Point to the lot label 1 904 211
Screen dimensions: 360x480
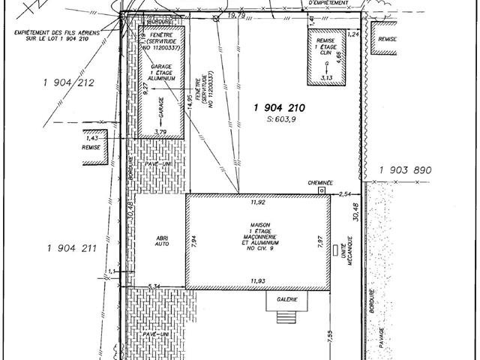click(x=73, y=248)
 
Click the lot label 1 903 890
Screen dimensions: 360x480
click(x=405, y=170)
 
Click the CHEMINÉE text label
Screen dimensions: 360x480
click(x=319, y=182)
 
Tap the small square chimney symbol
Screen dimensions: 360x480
click(x=322, y=191)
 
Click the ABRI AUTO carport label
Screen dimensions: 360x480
click(x=163, y=241)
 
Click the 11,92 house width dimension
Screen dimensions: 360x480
click(x=257, y=202)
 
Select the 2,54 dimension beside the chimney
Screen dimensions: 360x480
click(x=345, y=194)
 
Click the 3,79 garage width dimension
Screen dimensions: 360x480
click(x=160, y=132)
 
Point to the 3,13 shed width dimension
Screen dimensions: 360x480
click(x=326, y=77)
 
